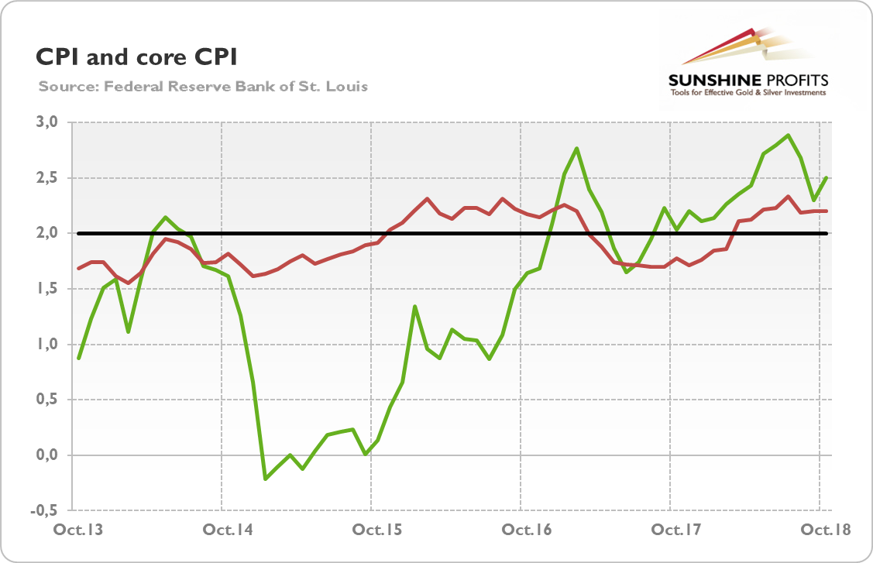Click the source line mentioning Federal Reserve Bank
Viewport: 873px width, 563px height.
click(203, 86)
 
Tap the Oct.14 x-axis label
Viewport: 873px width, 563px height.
click(222, 530)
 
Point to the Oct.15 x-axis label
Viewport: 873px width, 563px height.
click(372, 530)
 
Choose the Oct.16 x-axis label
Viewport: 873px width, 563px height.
click(521, 530)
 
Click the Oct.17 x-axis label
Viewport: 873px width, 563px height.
click(671, 530)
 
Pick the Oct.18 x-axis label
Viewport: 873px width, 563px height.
click(820, 530)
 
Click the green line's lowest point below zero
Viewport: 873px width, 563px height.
click(266, 479)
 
